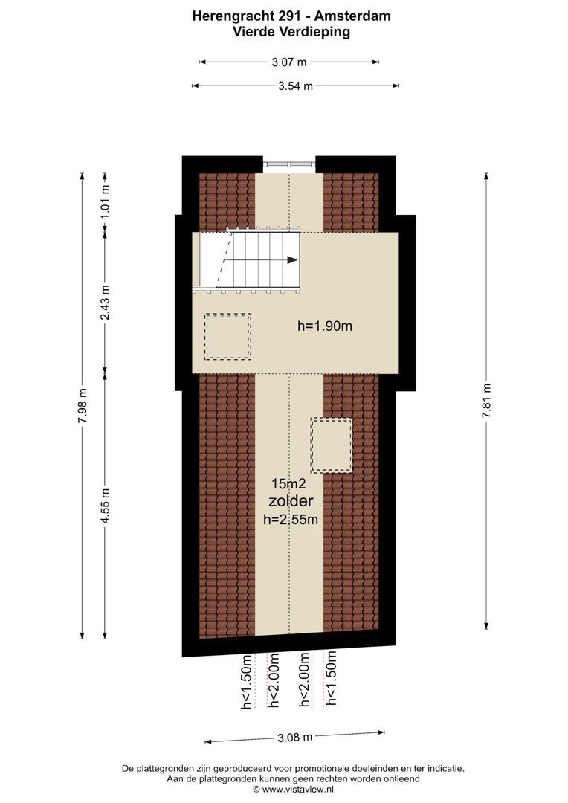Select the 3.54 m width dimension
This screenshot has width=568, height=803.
[x=295, y=86]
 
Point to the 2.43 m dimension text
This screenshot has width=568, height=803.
[x=105, y=303]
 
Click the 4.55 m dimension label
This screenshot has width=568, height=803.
[x=105, y=506]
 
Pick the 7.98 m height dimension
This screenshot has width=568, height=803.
[x=82, y=406]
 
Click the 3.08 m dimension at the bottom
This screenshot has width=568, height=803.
[x=294, y=738]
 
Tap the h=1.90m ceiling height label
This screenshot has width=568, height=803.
[x=325, y=326]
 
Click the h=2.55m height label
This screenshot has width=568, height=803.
[x=291, y=520]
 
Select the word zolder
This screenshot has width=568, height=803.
[x=291, y=502]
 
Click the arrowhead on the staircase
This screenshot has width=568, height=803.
[x=292, y=259]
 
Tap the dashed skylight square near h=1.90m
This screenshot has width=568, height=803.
[x=227, y=337]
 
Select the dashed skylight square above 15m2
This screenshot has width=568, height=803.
[x=332, y=445]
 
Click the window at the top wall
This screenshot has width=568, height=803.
[x=289, y=164]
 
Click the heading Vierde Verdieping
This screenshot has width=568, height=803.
[x=291, y=32]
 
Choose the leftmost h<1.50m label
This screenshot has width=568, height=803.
[x=247, y=681]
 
